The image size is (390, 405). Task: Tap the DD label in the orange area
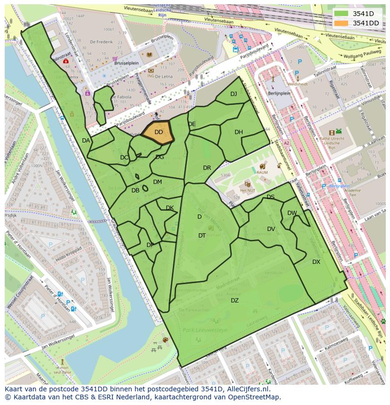(159, 132)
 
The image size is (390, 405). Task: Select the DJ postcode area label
(234, 94)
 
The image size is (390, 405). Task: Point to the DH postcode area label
(239, 132)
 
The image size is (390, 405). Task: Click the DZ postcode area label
(235, 301)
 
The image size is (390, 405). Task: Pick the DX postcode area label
(316, 262)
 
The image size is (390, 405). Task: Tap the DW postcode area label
(292, 213)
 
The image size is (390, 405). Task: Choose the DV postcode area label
(271, 229)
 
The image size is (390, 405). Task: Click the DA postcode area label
(86, 141)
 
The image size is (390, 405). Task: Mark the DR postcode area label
(207, 168)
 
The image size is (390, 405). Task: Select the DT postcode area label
(202, 236)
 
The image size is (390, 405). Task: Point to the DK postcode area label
(170, 208)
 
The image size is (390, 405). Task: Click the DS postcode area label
(270, 197)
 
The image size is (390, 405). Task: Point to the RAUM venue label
(262, 173)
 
